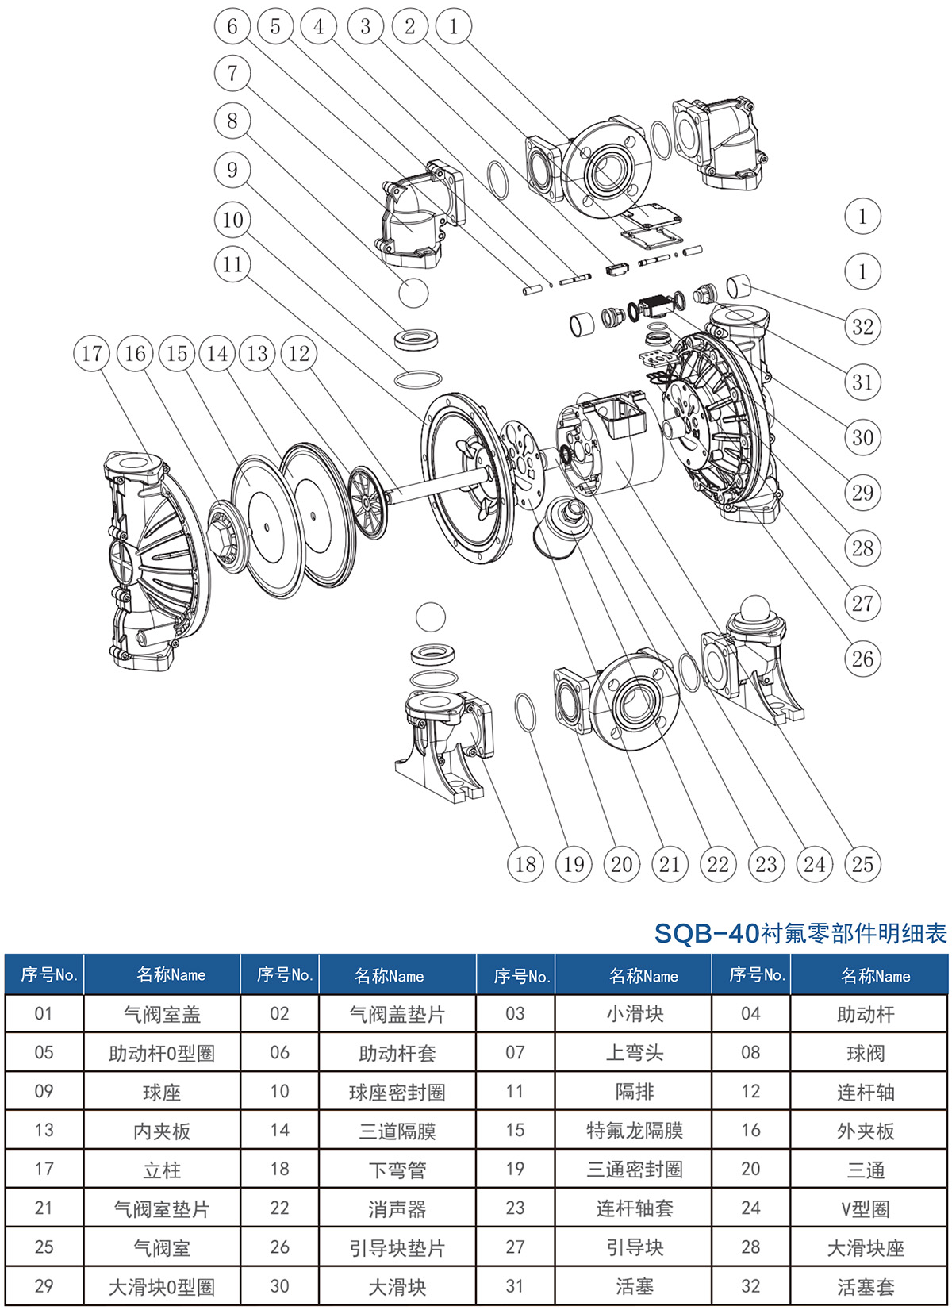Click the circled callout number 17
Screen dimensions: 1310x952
91,354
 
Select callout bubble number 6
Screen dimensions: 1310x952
232,27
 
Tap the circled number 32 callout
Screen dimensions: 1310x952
862,327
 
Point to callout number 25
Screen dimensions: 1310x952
862,864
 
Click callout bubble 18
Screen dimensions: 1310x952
525,864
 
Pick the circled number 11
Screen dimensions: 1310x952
232,264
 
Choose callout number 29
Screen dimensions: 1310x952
862,493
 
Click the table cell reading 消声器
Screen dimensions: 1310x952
397,1209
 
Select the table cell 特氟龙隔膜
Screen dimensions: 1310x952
634,1131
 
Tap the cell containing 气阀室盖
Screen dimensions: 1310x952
162,1014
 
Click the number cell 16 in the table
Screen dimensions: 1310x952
750,1131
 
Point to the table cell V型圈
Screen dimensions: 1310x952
866,1209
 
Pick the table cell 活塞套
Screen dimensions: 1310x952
866,1287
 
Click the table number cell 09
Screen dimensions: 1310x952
44,1092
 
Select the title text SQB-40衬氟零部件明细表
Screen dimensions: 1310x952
800,933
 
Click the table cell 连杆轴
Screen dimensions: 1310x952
866,1092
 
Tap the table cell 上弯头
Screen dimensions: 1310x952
634,1053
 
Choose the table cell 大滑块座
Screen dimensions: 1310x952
866,1248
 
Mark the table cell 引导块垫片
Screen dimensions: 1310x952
397,1248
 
